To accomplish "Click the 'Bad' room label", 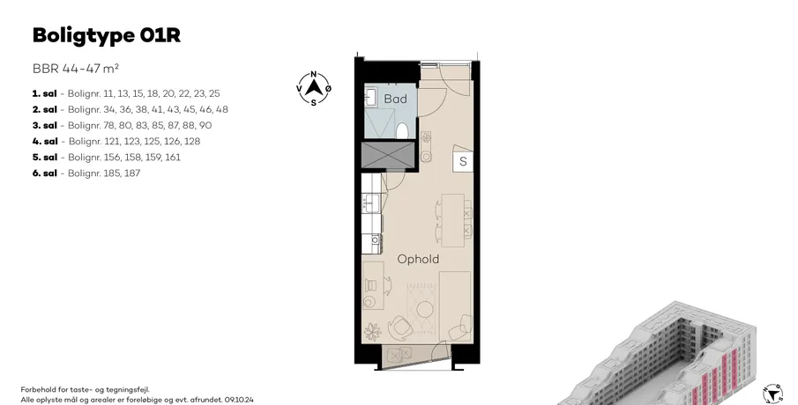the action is click(x=395, y=99).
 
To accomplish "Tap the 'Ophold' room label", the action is click(x=418, y=259).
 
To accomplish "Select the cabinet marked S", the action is click(x=463, y=161).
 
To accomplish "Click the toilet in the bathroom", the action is click(x=402, y=130).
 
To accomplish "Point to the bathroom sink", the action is click(x=370, y=97).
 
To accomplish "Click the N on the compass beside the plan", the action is click(x=314, y=74).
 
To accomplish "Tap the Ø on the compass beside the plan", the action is click(x=328, y=88).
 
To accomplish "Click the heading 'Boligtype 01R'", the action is click(x=107, y=36).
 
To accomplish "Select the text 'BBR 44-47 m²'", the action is click(x=76, y=69).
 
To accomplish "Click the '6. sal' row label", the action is click(x=44, y=173).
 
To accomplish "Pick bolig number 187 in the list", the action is click(x=132, y=173).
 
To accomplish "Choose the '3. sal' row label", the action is click(x=44, y=125).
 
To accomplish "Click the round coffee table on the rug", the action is click(x=424, y=308).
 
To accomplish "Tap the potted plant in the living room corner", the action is click(x=372, y=332).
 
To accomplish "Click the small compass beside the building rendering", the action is click(x=772, y=394).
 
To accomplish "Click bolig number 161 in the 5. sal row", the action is click(x=173, y=157).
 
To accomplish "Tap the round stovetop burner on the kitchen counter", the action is click(x=375, y=239).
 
